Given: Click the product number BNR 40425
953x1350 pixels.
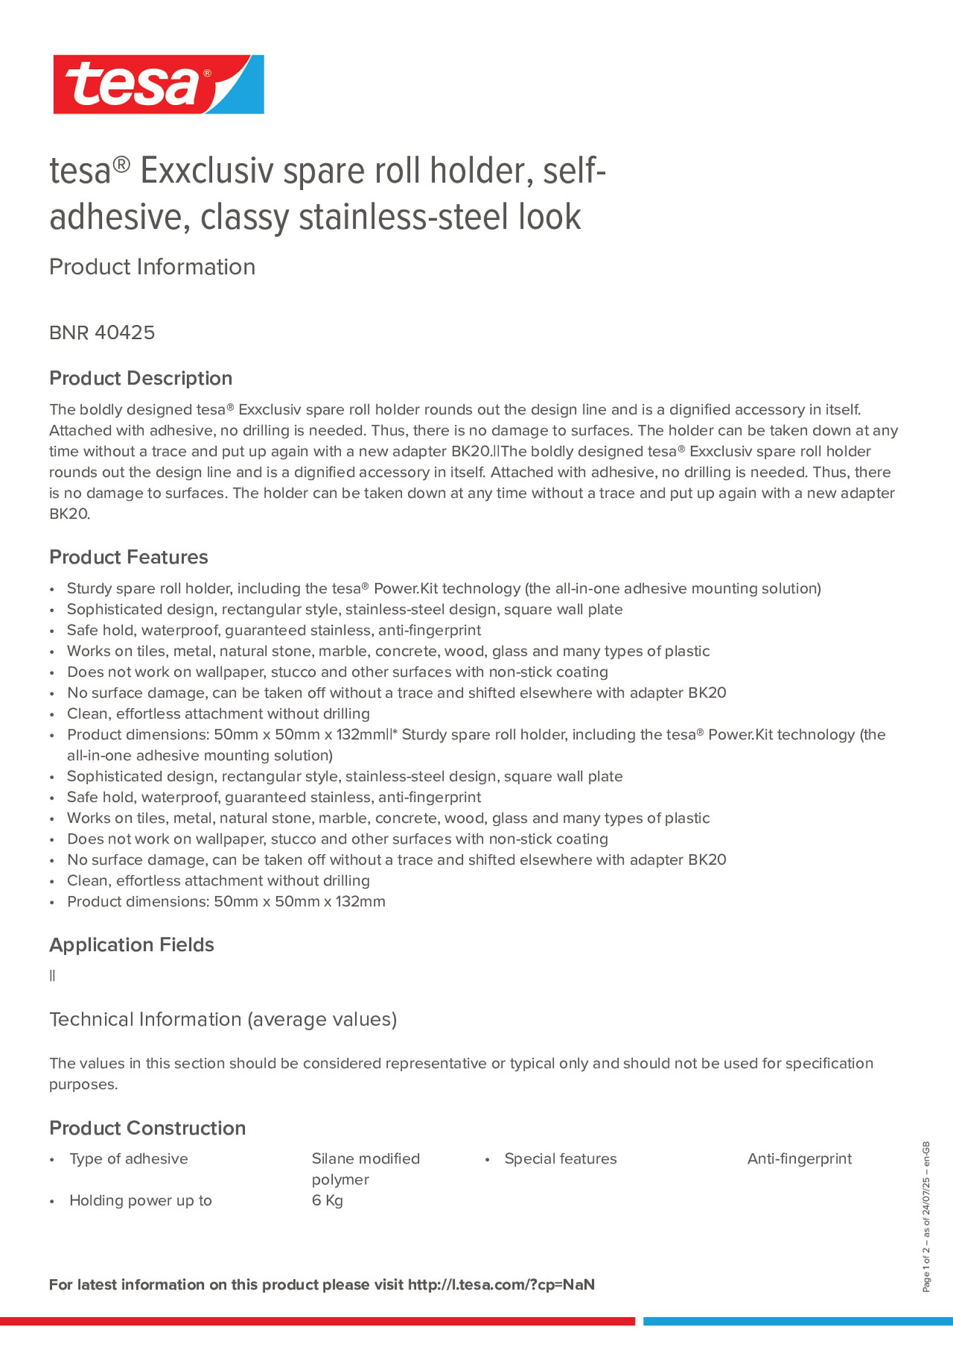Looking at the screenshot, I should pyautogui.click(x=102, y=333).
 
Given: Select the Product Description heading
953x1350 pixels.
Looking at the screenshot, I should pyautogui.click(x=140, y=378).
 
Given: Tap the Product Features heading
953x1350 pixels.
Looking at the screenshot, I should pyautogui.click(x=128, y=557).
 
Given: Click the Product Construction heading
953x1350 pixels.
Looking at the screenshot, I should pyautogui.click(x=147, y=1127).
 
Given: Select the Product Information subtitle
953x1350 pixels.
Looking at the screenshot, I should pyautogui.click(x=152, y=267).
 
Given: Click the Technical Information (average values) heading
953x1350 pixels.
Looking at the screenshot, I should pyautogui.click(x=223, y=1018).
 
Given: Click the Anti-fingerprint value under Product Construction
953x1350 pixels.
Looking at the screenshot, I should pyautogui.click(x=798, y=1158).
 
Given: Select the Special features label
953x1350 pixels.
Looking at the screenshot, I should pyautogui.click(x=560, y=1158).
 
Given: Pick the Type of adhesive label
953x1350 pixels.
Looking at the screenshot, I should pyautogui.click(x=128, y=1158).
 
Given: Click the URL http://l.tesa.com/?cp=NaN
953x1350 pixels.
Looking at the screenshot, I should pyautogui.click(x=500, y=1284).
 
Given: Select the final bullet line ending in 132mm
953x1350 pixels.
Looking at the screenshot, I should pyautogui.click(x=226, y=901).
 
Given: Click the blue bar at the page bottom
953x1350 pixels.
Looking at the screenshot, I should pyautogui.click(x=797, y=1321).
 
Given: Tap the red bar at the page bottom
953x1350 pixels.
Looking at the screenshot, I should pyautogui.click(x=317, y=1321).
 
